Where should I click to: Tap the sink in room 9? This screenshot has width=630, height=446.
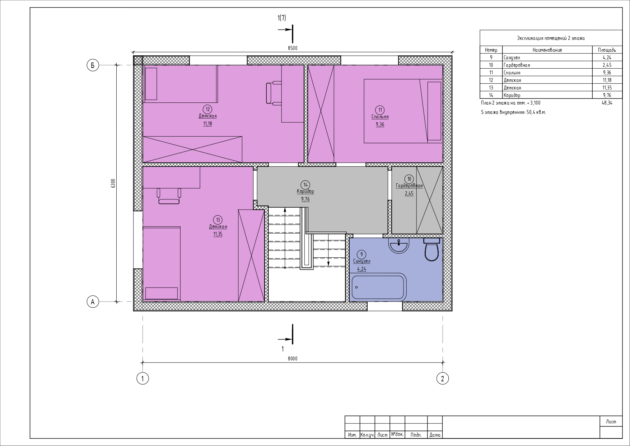point(398,245)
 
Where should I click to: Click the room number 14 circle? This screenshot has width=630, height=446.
point(305,185)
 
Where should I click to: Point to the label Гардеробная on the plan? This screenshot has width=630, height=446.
point(409,186)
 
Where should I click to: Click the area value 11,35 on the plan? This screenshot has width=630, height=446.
point(218,234)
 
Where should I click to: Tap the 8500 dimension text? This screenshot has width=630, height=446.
point(293,48)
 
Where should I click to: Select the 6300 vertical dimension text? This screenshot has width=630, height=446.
point(113,183)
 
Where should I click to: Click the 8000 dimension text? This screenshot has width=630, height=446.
point(293,359)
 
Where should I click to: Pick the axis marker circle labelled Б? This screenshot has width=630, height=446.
point(93,65)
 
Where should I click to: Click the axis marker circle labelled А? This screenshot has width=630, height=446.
point(93,302)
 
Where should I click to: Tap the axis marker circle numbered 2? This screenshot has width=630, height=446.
point(442,378)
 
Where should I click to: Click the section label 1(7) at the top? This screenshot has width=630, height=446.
point(282,18)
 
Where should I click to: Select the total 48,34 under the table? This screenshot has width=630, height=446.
point(607,103)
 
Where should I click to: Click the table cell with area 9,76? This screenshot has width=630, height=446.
point(607,95)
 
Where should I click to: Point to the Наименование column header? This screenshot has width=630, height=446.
point(547,50)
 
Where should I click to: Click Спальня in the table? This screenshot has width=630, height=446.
point(512,73)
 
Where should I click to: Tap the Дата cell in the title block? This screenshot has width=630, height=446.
point(435,435)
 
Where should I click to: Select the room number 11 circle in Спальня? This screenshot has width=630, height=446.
point(379,110)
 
